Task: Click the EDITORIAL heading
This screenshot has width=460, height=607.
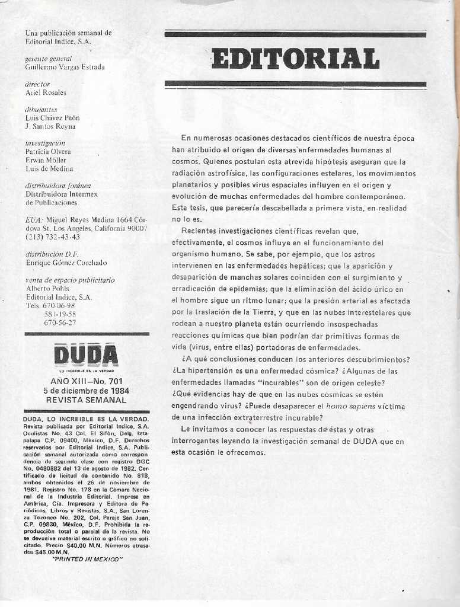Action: click(x=295, y=59)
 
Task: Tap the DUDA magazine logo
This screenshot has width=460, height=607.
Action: click(x=85, y=356)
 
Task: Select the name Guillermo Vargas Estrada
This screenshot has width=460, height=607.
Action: click(x=65, y=68)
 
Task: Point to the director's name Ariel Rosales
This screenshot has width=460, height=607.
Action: click(x=46, y=93)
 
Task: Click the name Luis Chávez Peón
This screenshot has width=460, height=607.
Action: click(x=52, y=118)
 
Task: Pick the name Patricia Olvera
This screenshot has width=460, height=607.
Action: click(x=48, y=152)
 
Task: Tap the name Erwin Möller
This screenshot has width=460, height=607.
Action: click(x=46, y=160)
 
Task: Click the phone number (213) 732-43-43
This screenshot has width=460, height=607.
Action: click(x=52, y=237)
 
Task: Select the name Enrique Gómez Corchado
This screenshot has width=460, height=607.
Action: click(x=66, y=263)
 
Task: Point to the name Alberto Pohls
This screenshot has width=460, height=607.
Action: click(x=47, y=289)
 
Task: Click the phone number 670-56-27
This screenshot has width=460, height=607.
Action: click(x=60, y=322)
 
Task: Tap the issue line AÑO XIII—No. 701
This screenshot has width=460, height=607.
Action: click(x=86, y=382)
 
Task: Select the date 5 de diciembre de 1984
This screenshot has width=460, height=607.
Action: click(x=86, y=391)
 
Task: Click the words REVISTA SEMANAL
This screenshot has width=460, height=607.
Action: click(x=86, y=400)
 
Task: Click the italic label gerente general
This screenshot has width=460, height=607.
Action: click(x=48, y=59)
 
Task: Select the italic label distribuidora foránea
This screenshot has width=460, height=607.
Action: click(x=58, y=186)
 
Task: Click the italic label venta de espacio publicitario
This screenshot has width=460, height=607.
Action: click(x=70, y=280)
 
